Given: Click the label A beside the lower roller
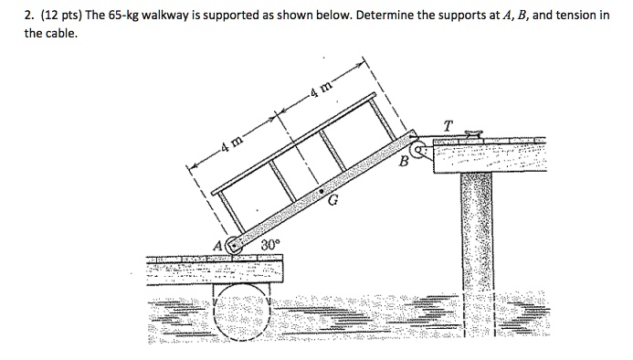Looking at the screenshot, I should coord(217,246).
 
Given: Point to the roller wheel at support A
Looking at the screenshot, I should coord(234,245).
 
